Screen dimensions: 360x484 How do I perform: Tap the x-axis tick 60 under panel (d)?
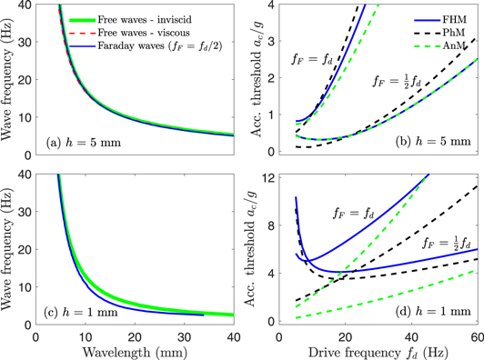pos(477,337)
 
